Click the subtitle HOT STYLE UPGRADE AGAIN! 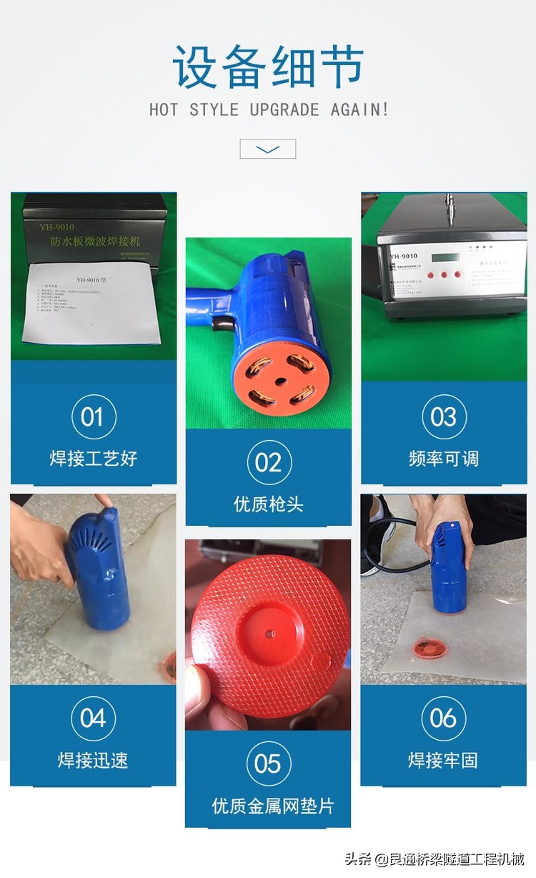(269, 110)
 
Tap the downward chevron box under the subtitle (267, 149)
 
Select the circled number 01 (93, 417)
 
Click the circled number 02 (269, 462)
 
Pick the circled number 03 (443, 417)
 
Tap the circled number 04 (93, 718)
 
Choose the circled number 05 (269, 764)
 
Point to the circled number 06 (443, 718)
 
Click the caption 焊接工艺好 (93, 459)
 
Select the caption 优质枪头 (269, 504)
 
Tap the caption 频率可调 (443, 459)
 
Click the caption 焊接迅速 (93, 760)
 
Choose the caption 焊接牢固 (443, 760)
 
